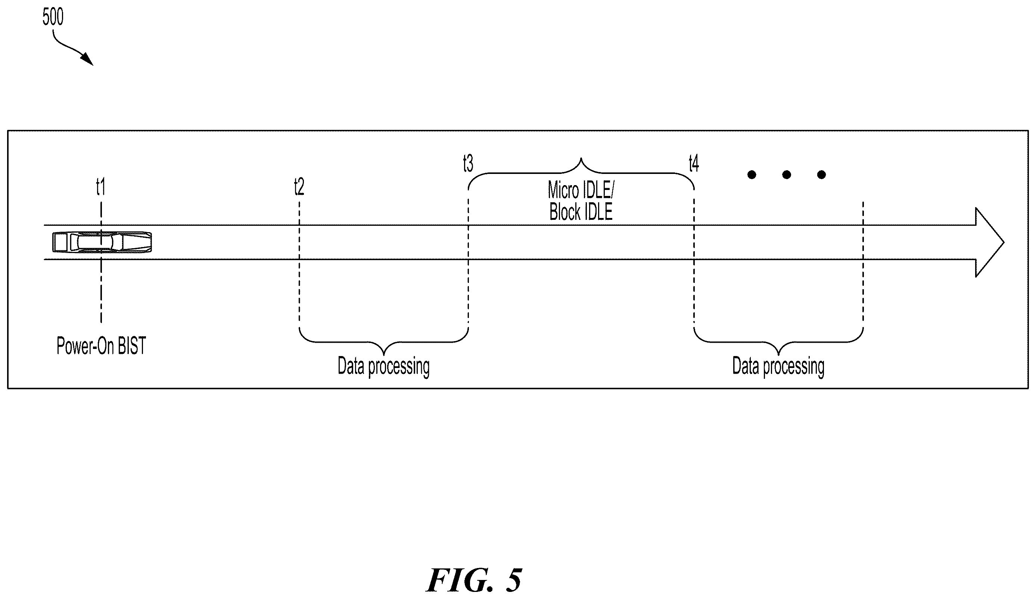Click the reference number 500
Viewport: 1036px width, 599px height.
tap(53, 17)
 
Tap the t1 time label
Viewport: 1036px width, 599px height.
tap(101, 187)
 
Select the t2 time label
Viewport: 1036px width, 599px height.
tap(299, 187)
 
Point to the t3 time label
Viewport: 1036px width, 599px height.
tap(468, 163)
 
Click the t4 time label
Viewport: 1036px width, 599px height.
tap(694, 163)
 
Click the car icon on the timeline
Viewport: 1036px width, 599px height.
tap(102, 242)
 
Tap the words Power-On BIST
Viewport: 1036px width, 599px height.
tap(101, 346)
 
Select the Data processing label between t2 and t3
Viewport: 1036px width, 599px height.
tap(383, 366)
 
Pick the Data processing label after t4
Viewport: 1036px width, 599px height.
tap(778, 366)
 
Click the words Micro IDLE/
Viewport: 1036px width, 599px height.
tap(581, 190)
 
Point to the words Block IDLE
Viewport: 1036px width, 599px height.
tap(581, 212)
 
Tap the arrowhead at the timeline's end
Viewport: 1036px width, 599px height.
tap(990, 242)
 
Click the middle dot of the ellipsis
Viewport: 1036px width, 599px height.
tap(787, 175)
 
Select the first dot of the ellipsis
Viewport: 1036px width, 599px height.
tap(752, 175)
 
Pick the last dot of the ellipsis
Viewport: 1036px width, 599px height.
tap(821, 175)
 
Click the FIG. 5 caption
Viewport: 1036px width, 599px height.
tap(474, 580)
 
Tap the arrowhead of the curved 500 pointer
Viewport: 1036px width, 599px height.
tap(93, 65)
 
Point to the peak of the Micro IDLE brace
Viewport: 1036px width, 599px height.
tap(581, 158)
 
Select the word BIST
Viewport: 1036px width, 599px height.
tap(131, 346)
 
